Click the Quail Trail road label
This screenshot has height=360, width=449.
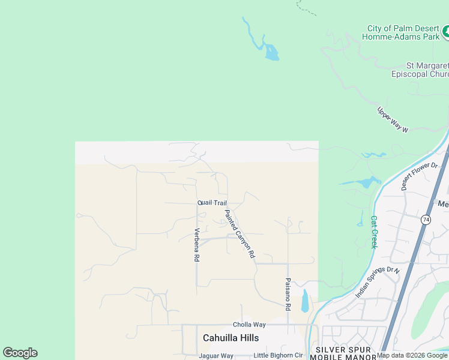point(212,203)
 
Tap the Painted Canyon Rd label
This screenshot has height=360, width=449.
point(240,233)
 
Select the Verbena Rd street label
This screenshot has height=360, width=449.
point(196,245)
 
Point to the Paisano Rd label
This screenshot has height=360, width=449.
point(288,293)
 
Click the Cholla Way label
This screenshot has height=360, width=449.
point(249,325)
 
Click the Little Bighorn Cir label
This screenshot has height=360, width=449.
point(278,356)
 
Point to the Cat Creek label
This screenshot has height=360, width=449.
point(373,232)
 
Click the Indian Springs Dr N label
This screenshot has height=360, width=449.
point(378,281)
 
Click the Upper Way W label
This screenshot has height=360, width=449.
point(393,120)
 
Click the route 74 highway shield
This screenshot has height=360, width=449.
point(426,220)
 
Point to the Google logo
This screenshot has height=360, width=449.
point(20,353)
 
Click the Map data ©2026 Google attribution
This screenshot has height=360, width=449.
point(412,356)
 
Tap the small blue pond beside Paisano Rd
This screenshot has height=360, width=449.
point(305,301)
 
